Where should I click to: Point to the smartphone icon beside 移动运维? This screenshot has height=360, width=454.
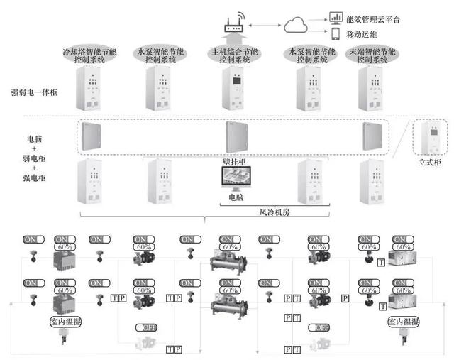pos(336,33)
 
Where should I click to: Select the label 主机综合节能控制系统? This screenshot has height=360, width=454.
pos(232,56)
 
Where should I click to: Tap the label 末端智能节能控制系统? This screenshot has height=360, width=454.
pos(371,56)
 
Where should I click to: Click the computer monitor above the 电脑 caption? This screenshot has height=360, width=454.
pos(235,180)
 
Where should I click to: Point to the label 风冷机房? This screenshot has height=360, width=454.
pos(262,210)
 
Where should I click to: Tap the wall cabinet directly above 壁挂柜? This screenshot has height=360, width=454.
pos(235,138)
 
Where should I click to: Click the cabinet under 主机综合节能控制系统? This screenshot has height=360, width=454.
pos(234,92)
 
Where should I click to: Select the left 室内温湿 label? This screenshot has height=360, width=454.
pos(67,321)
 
